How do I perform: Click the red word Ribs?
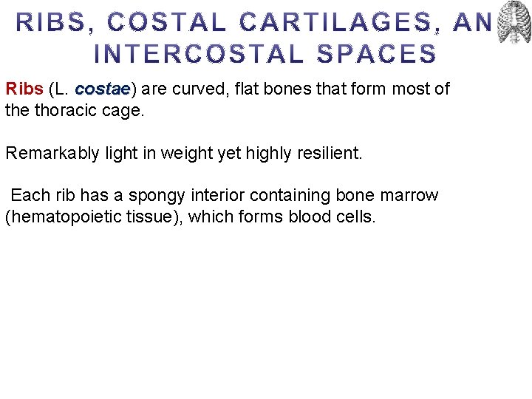pyautogui.click(x=24, y=90)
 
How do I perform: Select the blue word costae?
pyautogui.click(x=103, y=90)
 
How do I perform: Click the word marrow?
pyautogui.click(x=409, y=196)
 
